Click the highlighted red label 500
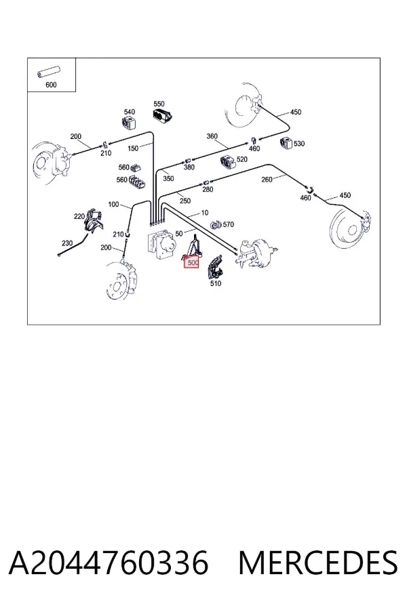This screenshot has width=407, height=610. [x=191, y=262]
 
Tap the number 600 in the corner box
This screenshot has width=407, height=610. [x=51, y=85]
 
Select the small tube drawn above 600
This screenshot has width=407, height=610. [x=47, y=72]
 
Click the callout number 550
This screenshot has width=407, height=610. [x=159, y=104]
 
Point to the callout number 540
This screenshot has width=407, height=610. [x=130, y=112]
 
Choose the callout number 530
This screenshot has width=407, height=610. [x=299, y=144]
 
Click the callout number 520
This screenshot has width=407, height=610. [x=242, y=159]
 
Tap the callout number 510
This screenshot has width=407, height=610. [x=216, y=283]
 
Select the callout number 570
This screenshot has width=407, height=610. [x=229, y=224]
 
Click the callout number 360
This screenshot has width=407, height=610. [x=212, y=136]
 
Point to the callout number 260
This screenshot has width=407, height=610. [x=267, y=180]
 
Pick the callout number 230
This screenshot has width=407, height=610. [x=67, y=243]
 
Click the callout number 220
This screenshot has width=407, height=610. [x=79, y=216]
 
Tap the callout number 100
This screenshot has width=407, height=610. [x=113, y=204]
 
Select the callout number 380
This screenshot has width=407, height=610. [x=189, y=167]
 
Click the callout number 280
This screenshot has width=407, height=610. [x=208, y=190]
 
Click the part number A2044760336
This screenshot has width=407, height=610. [x=109, y=563]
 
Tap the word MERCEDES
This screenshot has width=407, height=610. [x=318, y=563]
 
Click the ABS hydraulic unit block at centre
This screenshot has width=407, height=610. [x=161, y=245]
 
